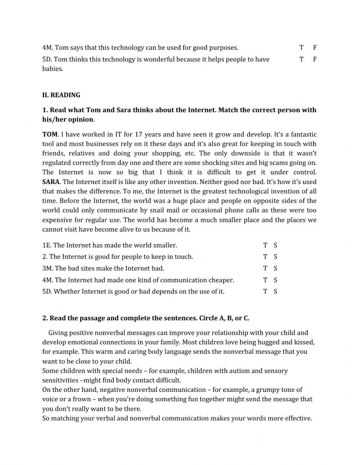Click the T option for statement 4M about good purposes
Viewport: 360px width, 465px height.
tap(301, 48)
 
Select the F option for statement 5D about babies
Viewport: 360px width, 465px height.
tap(315, 59)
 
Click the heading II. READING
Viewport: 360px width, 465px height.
tap(61, 95)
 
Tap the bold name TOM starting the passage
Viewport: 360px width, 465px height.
tap(50, 134)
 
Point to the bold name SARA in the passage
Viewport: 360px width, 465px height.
tap(50, 182)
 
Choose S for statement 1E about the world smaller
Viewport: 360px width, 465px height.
tap(275, 245)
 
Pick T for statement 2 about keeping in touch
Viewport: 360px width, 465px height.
tap(265, 257)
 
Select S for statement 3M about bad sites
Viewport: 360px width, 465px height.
tap(275, 268)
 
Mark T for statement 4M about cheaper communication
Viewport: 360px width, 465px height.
tap(265, 280)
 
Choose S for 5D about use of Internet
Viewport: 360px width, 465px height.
tap(275, 291)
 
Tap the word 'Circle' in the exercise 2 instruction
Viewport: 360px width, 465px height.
tap(208, 318)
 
